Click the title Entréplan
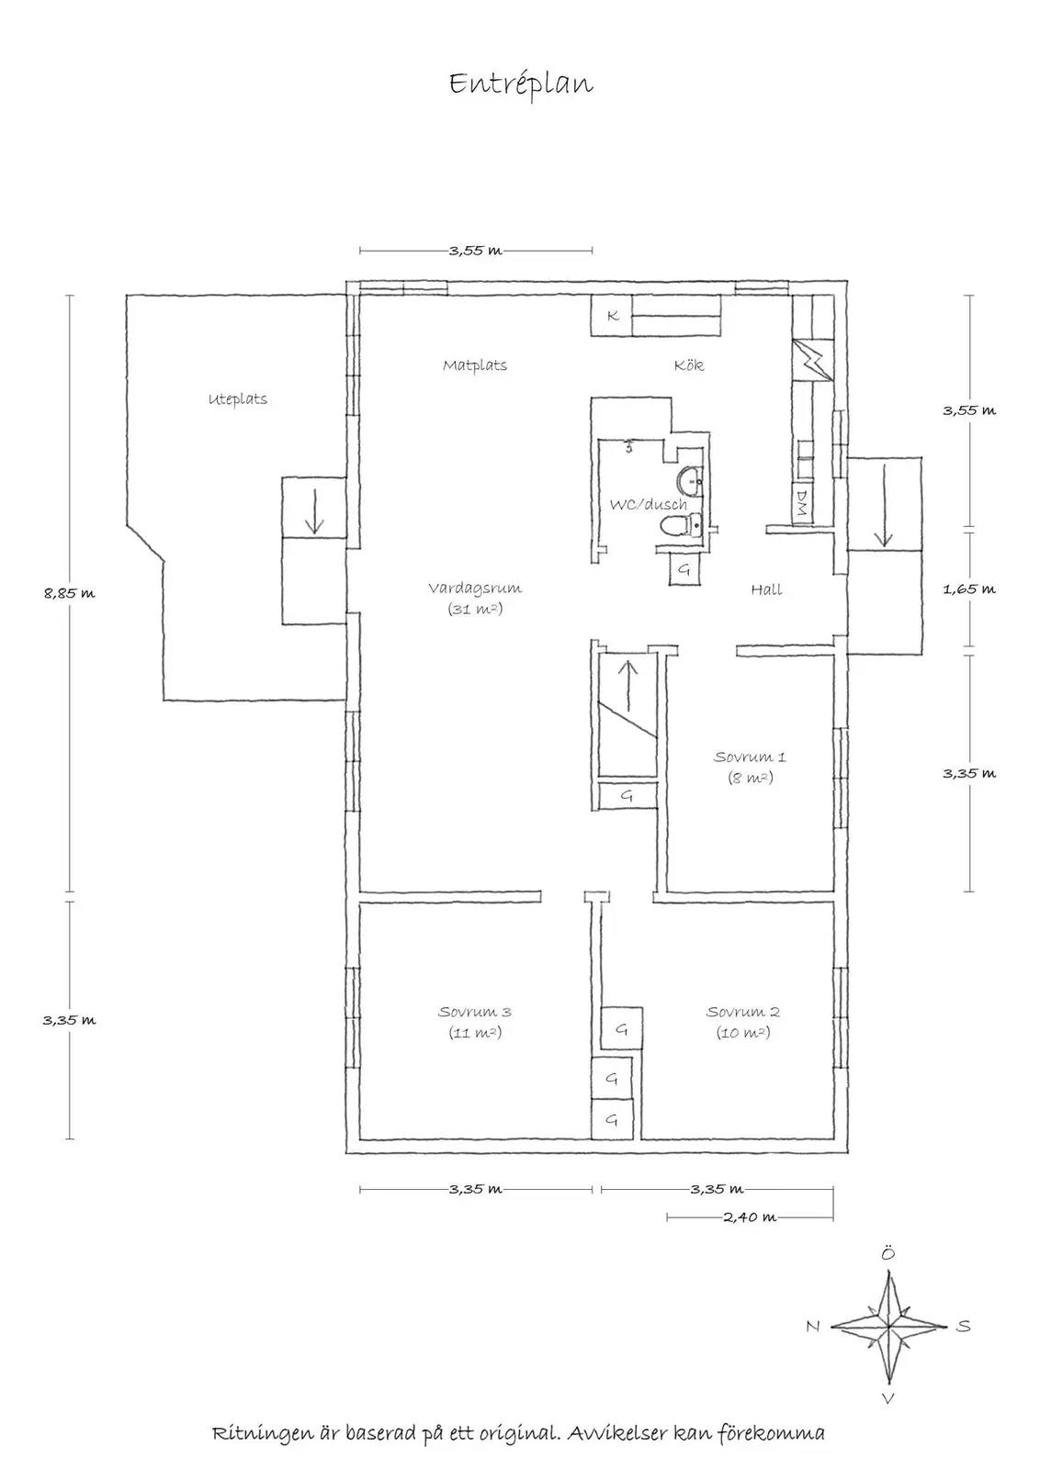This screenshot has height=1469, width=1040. point(521,84)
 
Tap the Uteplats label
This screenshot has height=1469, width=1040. point(238,398)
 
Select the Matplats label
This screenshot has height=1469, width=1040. point(475,364)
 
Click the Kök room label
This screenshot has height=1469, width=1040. point(689,364)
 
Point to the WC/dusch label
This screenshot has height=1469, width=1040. point(649,504)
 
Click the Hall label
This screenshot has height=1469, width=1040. point(766,589)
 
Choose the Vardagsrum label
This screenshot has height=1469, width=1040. point(475,589)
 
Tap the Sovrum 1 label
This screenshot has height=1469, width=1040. point(750,757)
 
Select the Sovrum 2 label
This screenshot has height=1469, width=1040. point(742,1012)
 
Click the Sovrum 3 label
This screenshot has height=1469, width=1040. point(474,1012)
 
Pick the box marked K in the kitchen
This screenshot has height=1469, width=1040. point(611,316)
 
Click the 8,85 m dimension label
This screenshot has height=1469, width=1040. point(70,593)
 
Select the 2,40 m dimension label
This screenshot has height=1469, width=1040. point(750,1217)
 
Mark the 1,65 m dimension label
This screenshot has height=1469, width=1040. point(969,589)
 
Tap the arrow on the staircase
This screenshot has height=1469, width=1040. point(627,686)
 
